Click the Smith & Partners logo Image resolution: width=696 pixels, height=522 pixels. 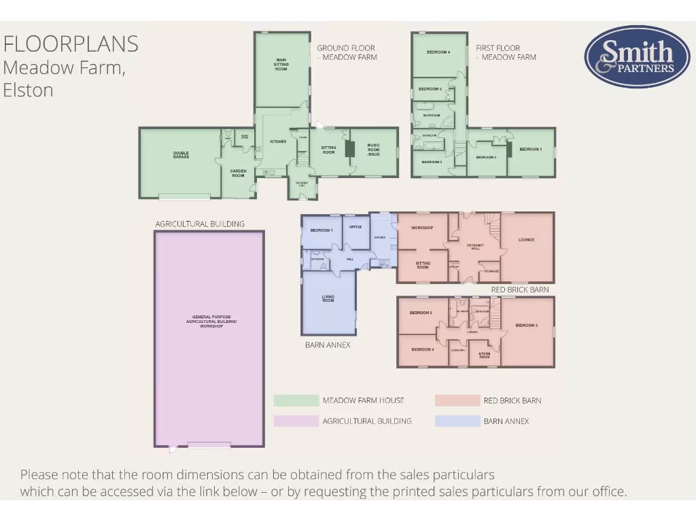pyautogui.click(x=637, y=57)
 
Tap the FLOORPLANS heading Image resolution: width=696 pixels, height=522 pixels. pyautogui.click(x=71, y=44)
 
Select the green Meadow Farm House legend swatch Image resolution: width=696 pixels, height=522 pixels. pyautogui.click(x=296, y=401)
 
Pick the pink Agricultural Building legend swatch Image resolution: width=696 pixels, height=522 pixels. pyautogui.click(x=296, y=421)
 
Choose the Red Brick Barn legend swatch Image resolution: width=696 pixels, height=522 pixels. pyautogui.click(x=457, y=401)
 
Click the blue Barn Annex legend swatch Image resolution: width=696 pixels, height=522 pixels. pyautogui.click(x=457, y=421)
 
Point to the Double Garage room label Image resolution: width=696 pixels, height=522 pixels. pyautogui.click(x=181, y=155)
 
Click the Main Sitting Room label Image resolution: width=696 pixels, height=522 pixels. pyautogui.click(x=281, y=65)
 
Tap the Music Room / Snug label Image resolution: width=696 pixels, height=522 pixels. pyautogui.click(x=374, y=150)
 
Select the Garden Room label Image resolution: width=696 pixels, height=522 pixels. pyautogui.click(x=238, y=173)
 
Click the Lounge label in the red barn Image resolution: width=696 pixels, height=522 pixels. pyautogui.click(x=527, y=240)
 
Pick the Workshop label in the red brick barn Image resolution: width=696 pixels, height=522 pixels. pyautogui.click(x=422, y=228)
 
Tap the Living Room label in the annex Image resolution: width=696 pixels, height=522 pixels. pyautogui.click(x=328, y=298)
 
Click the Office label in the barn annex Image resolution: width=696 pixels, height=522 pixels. pyautogui.click(x=355, y=227)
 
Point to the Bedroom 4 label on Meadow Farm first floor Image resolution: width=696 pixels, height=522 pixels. pyautogui.click(x=438, y=52)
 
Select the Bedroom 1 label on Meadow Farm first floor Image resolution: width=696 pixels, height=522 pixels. pyautogui.click(x=530, y=150)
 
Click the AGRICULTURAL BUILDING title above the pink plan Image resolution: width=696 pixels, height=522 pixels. pyautogui.click(x=200, y=224)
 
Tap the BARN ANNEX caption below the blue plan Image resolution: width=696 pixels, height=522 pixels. pyautogui.click(x=328, y=345)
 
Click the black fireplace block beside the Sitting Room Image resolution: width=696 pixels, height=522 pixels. pyautogui.click(x=349, y=149)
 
